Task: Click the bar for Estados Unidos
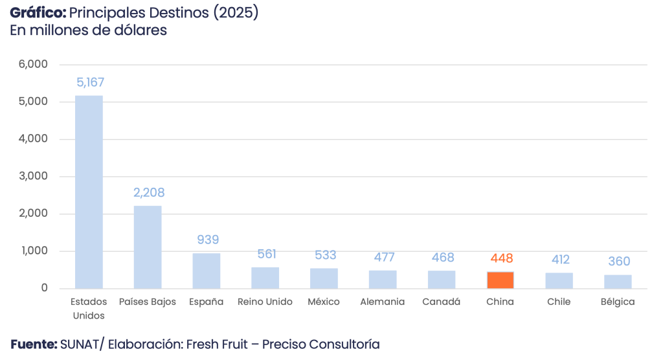(89, 192)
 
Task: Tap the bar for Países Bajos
(148, 247)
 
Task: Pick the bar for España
(207, 271)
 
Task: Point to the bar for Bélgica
(618, 281)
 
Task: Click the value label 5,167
(90, 82)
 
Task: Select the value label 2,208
(149, 192)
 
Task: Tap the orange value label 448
(502, 258)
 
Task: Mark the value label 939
(207, 240)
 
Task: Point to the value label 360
(619, 262)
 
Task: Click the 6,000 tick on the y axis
(34, 65)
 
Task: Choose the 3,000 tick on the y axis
(34, 177)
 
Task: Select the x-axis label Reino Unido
(265, 302)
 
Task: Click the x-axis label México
(324, 302)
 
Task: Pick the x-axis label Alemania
(383, 302)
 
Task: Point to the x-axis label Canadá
(441, 302)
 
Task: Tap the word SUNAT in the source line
(80, 344)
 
